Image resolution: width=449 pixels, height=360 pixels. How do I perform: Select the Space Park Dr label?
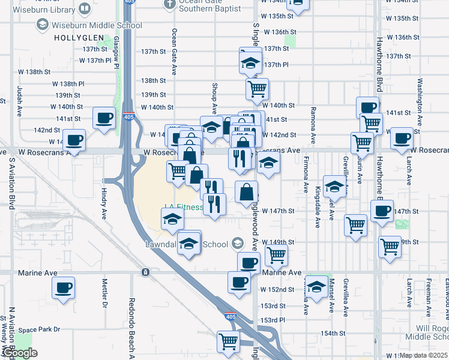pos(39,329)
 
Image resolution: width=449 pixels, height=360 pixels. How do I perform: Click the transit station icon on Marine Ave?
pos(145,272)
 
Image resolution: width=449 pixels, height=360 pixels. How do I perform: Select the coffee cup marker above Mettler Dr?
pos(62,288)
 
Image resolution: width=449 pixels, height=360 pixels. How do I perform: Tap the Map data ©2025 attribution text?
pos(423,355)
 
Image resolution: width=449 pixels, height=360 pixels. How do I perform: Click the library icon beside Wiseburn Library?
pos(85,10)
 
